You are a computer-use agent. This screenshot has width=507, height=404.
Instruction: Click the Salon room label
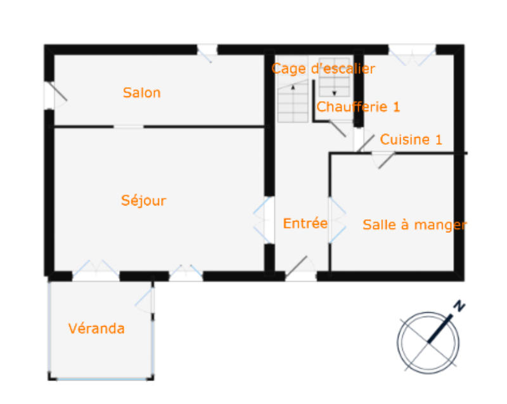tap(141, 93)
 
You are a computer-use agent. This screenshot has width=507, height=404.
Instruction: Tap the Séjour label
tap(143, 200)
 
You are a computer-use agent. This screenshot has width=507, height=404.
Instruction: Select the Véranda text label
tap(96, 329)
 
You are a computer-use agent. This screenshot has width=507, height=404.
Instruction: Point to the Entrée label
tap(305, 223)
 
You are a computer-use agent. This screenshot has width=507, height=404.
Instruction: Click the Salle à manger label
tap(414, 225)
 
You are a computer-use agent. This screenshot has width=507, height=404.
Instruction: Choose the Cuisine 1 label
tap(411, 140)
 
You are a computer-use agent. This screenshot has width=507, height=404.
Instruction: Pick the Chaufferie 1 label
tap(358, 107)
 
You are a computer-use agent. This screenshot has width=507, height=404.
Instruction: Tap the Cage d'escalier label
tap(323, 68)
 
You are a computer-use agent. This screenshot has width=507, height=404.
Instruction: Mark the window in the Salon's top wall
tap(207, 51)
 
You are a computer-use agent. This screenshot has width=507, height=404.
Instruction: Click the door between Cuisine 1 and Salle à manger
tap(383, 158)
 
